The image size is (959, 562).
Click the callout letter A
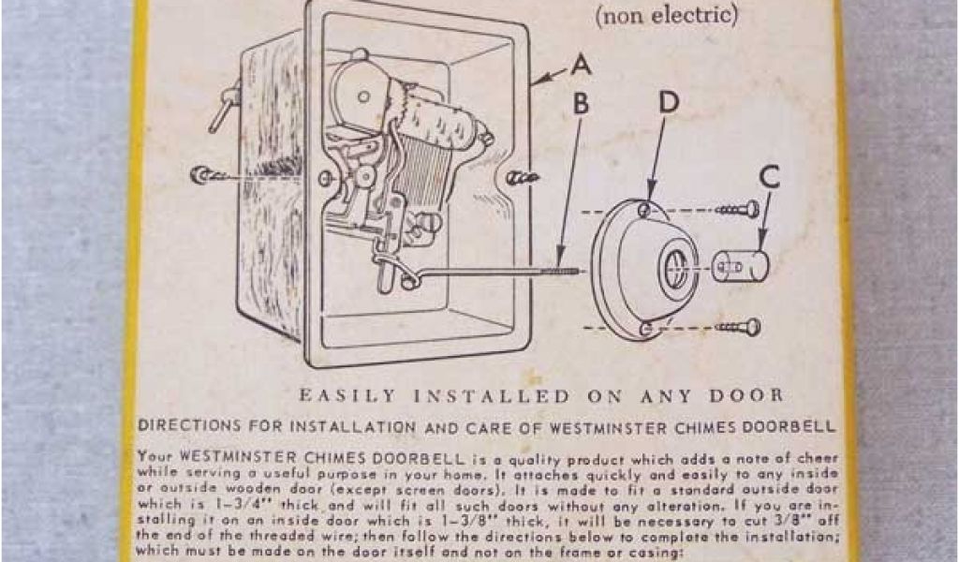click(582, 67)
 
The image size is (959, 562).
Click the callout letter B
click(582, 104)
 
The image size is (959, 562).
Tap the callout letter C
click(771, 177)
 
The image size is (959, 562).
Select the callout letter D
click(668, 104)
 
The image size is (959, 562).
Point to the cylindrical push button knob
click(739, 266)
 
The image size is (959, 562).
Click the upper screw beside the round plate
click(740, 209)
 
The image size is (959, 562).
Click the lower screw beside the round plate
click(740, 327)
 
